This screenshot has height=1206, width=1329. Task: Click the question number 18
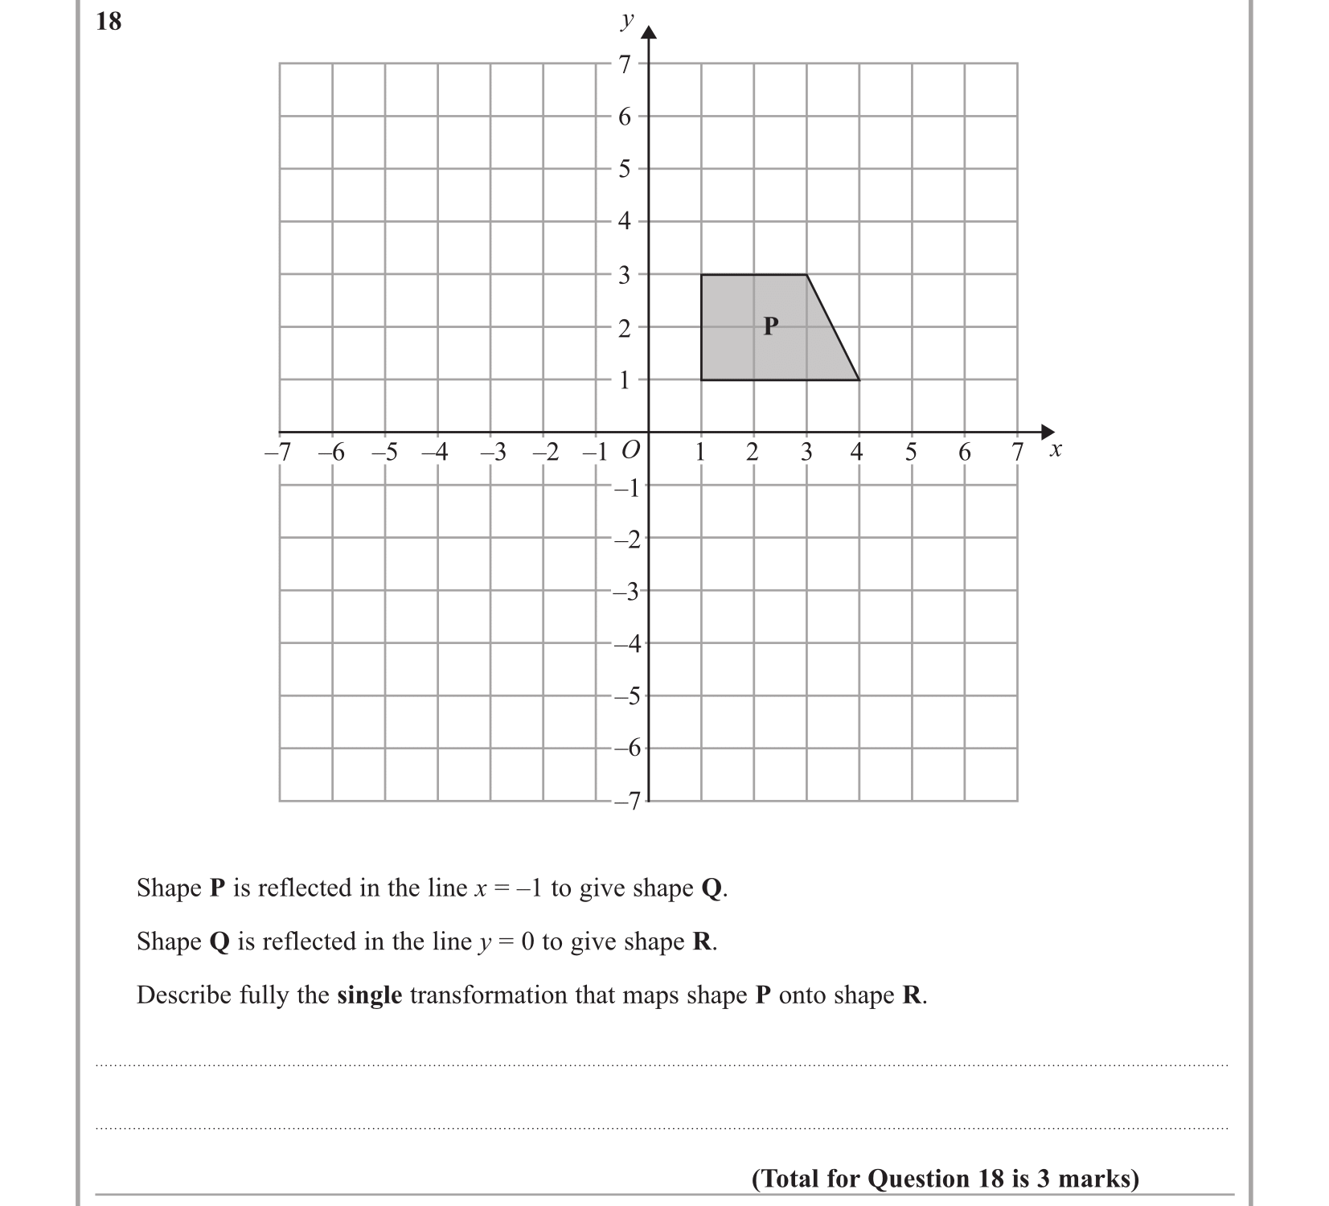pos(109,22)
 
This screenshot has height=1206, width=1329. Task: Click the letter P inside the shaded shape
pos(771,326)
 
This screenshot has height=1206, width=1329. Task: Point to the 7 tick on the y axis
pos(625,64)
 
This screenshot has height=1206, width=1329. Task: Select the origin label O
pos(632,450)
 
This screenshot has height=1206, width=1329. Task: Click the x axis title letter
pos(1056,450)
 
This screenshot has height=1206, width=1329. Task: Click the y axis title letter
pos(627,21)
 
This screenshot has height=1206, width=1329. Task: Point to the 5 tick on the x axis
pos(910,453)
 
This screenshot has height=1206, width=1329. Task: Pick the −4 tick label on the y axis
pos(626,643)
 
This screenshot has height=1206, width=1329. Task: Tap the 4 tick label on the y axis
pos(625,221)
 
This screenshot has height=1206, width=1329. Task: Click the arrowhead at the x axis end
pos(1047,432)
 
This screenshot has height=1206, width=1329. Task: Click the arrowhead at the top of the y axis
pos(649,32)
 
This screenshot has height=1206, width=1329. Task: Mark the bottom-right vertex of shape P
pos(859,379)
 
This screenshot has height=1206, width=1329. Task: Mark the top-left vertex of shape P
pos(701,275)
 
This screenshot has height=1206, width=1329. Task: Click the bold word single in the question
pos(369,995)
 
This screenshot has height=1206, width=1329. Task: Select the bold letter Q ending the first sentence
pos(712,888)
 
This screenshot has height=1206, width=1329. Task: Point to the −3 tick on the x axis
pos(494,453)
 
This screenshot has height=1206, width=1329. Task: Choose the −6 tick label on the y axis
pos(626,749)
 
